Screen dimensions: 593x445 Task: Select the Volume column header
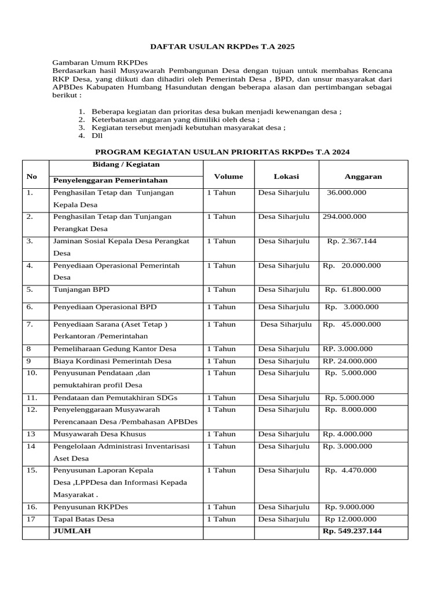(228, 177)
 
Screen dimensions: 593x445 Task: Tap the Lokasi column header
(286, 177)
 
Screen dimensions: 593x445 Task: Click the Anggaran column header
(363, 177)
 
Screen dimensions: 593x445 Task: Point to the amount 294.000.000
(344, 217)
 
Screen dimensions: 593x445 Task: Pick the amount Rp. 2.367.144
(352, 241)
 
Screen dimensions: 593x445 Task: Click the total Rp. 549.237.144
(352, 531)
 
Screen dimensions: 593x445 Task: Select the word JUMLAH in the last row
(72, 531)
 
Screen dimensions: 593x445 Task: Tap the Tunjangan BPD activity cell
(81, 290)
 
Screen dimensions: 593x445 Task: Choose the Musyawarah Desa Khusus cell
(100, 434)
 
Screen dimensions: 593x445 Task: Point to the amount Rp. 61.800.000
(353, 290)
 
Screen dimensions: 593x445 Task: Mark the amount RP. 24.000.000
(349, 361)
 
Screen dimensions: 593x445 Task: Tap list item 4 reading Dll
(97, 136)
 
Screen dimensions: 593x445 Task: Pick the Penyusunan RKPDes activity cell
(90, 507)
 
